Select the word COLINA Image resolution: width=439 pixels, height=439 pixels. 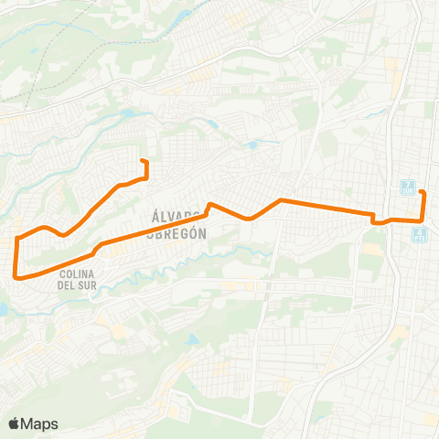point(78,273)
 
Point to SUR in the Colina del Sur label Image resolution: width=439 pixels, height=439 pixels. point(89,285)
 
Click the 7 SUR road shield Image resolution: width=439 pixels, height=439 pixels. point(407,187)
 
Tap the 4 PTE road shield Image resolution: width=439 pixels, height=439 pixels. point(419,235)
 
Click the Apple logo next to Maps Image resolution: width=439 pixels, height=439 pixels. point(15,423)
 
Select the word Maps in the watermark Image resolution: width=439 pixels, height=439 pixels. point(41,423)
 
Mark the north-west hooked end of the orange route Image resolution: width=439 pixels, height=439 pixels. point(143,162)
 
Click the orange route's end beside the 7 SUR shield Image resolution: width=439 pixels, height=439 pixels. point(421,191)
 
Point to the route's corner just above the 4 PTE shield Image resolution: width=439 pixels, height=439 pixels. point(421,221)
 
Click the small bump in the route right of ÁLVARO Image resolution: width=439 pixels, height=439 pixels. point(210,205)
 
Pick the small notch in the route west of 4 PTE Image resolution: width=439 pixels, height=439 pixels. point(373,219)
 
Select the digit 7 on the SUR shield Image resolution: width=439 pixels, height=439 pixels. point(407,184)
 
